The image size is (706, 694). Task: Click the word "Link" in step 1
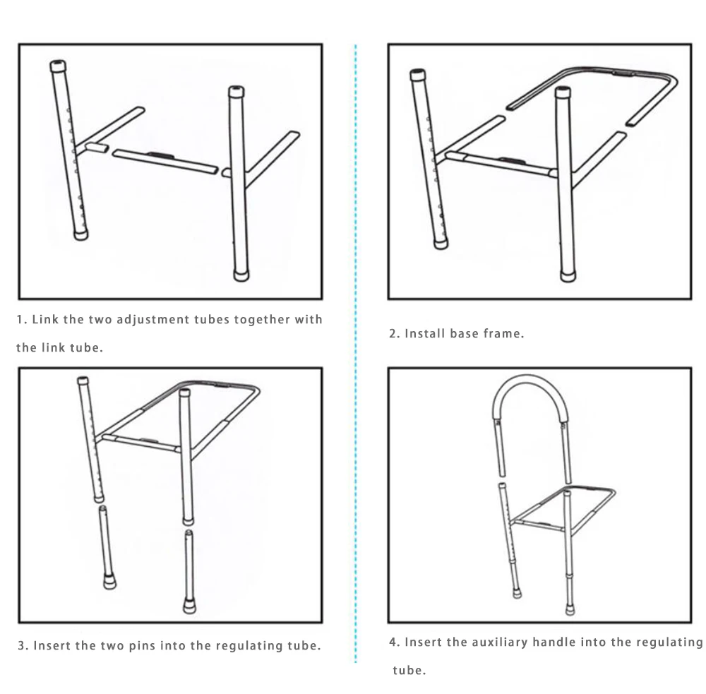(x=45, y=319)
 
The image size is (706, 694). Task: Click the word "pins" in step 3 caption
(x=143, y=645)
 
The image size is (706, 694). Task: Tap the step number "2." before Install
(x=395, y=334)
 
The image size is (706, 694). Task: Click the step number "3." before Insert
(x=23, y=645)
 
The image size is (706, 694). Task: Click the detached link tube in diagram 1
(x=165, y=161)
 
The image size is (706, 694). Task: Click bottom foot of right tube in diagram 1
(x=241, y=275)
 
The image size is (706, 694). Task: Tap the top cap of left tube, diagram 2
(x=417, y=76)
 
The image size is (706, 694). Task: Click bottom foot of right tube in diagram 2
(x=568, y=276)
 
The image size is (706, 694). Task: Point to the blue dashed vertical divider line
(x=356, y=354)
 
